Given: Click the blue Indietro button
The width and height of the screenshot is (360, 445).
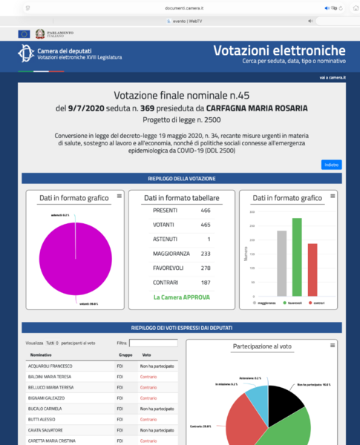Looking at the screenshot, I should [x=331, y=165].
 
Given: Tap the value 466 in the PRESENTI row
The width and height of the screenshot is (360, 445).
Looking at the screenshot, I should [x=205, y=211].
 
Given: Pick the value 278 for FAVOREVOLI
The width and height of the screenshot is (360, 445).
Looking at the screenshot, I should [x=205, y=268].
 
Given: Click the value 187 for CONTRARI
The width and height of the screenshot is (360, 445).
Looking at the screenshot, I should [x=205, y=282].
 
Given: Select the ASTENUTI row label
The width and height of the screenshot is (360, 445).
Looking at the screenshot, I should [x=165, y=239].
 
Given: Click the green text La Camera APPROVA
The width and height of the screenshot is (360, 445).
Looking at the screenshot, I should [x=182, y=297].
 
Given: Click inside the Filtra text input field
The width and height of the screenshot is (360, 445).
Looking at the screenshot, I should [x=153, y=343].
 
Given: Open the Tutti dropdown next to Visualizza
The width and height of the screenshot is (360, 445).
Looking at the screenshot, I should [x=53, y=343].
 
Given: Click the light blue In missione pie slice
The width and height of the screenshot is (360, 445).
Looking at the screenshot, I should [x=256, y=403].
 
